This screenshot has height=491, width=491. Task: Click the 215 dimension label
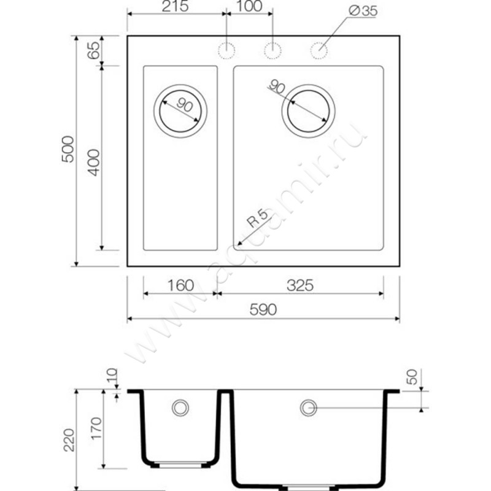[175, 6]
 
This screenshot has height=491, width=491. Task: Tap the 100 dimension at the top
[249, 6]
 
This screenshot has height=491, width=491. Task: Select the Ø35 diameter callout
[363, 11]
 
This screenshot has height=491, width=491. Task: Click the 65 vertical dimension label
[93, 50]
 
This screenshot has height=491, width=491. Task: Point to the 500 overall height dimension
[68, 149]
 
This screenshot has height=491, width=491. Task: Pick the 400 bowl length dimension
[93, 163]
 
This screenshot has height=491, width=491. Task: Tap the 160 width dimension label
[180, 285]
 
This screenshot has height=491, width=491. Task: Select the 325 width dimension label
[300, 285]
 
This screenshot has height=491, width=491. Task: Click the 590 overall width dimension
[263, 310]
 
